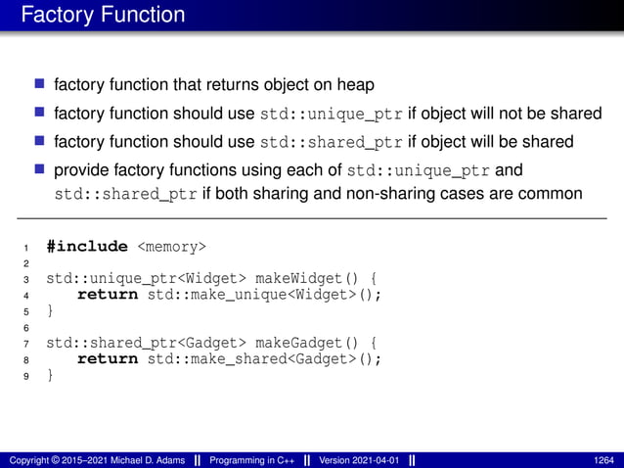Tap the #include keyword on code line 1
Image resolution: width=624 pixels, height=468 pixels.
87,246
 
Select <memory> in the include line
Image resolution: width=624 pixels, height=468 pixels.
171,246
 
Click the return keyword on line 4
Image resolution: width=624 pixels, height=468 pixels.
108,294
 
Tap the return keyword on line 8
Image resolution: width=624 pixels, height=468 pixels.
108,358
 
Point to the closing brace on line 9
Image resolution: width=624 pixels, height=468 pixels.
51,375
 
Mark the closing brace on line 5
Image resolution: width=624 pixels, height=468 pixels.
51,310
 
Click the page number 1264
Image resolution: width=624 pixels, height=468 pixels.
603,459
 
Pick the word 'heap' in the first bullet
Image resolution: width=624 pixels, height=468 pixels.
354,85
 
